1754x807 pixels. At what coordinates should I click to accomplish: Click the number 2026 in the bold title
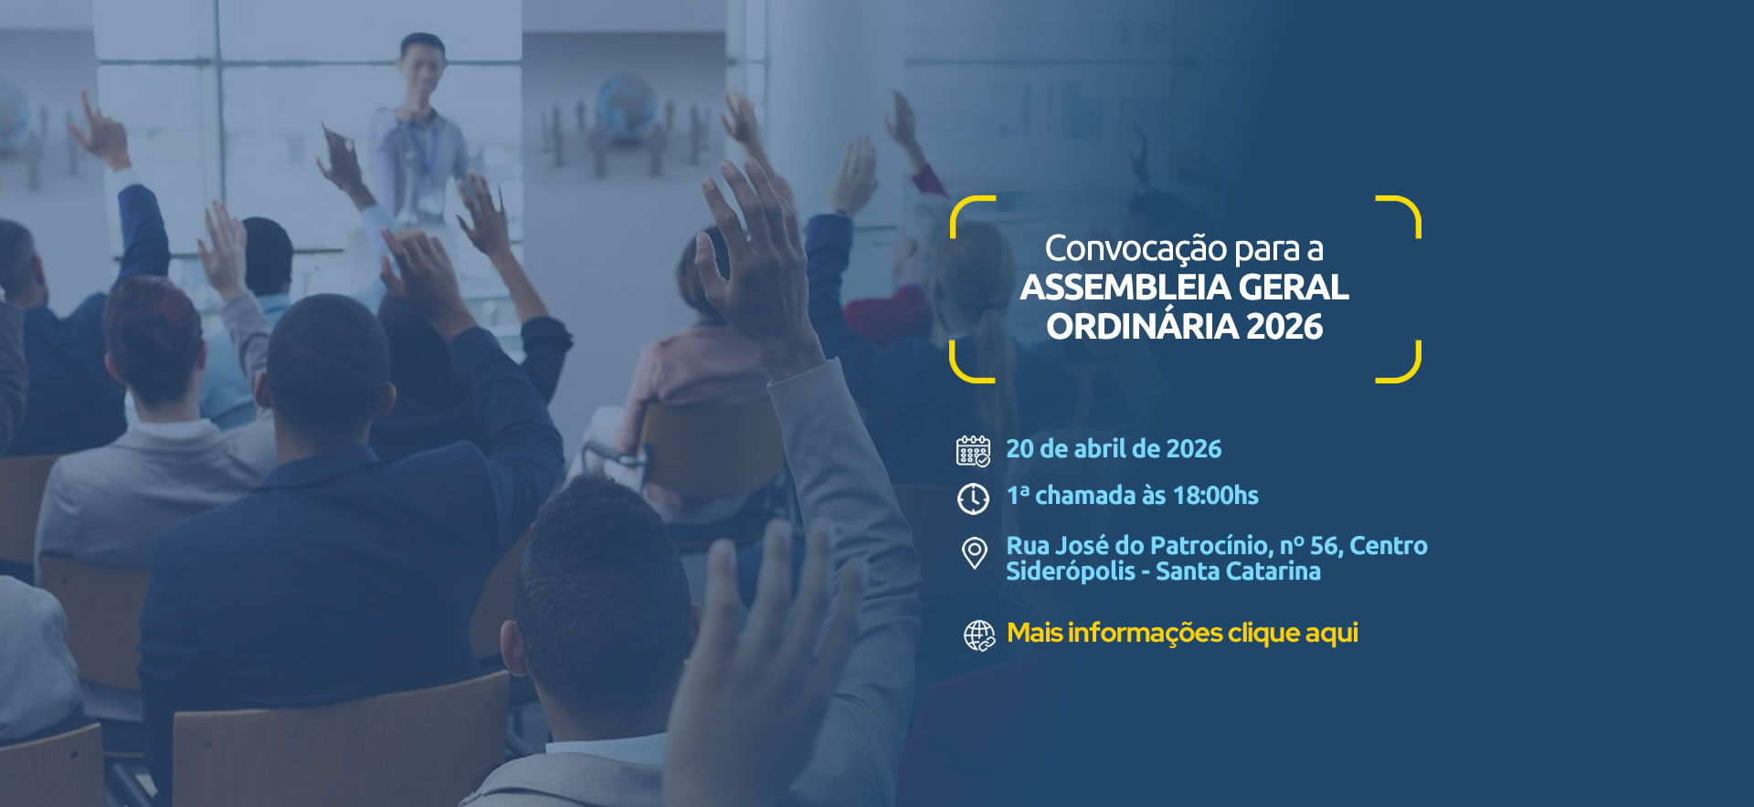coord(1284,327)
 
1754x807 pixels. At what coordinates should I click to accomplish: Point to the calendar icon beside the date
coord(973,451)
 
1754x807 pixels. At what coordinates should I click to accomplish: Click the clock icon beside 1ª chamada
coord(973,498)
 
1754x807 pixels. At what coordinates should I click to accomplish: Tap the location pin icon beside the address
coord(975,553)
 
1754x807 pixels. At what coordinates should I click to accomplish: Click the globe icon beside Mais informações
coord(979,635)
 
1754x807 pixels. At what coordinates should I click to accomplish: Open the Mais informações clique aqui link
coord(1182,634)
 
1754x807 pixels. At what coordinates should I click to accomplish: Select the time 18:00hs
coord(1215,496)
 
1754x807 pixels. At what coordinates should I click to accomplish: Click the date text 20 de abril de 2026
coord(1114,449)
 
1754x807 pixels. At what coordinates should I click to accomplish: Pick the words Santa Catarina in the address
coord(1238,571)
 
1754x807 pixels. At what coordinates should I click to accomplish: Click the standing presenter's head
coord(422,65)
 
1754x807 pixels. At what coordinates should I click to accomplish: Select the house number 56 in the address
coord(1326,546)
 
